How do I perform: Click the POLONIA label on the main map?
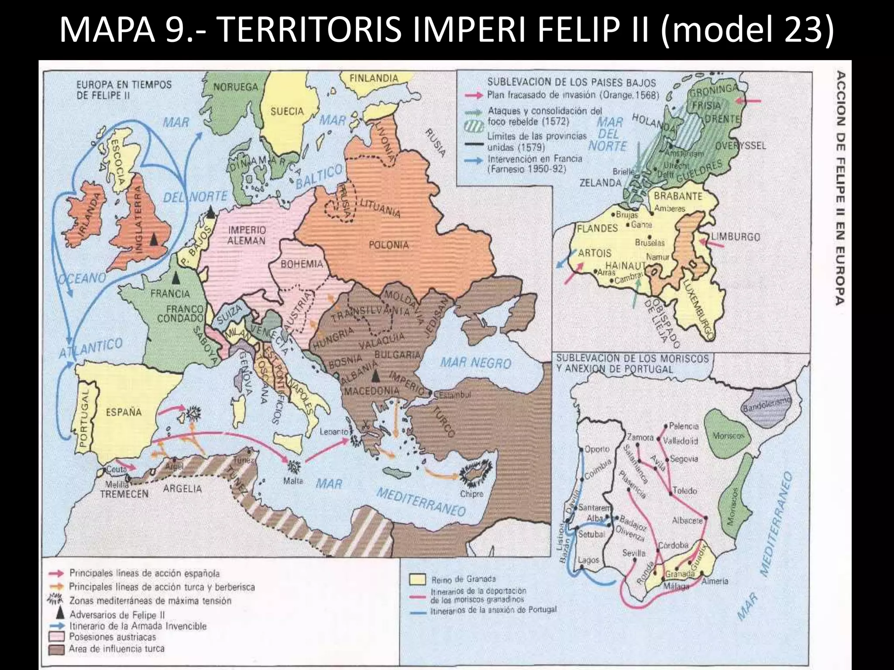pyautogui.click(x=389, y=245)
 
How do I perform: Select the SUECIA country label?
pyautogui.click(x=287, y=112)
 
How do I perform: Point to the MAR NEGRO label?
pyautogui.click(x=475, y=363)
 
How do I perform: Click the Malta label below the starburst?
pyautogui.click(x=293, y=481)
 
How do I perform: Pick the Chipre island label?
pyautogui.click(x=472, y=494)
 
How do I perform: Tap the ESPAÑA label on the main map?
pyautogui.click(x=124, y=412)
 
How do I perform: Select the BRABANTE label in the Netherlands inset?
pyautogui.click(x=678, y=196)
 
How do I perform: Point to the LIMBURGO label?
pyautogui.click(x=736, y=237)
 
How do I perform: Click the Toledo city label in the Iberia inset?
pyautogui.click(x=685, y=491)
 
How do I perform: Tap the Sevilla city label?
pyautogui.click(x=634, y=553)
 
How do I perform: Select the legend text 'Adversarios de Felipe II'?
pyautogui.click(x=117, y=615)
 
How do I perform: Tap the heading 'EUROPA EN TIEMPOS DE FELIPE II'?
pyautogui.click(x=124, y=90)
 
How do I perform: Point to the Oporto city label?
pyautogui.click(x=596, y=449)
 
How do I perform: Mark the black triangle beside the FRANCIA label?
pyautogui.click(x=176, y=277)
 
